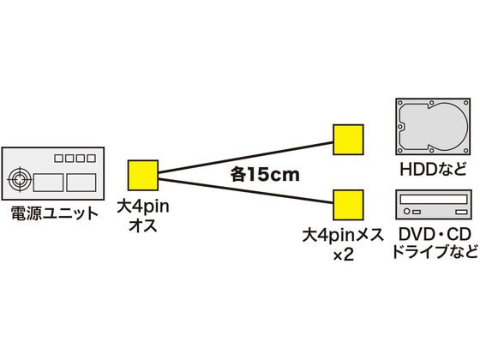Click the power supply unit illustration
(x=53, y=173)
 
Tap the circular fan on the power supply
(x=20, y=179)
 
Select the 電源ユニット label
(x=54, y=213)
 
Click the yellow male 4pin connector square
(x=143, y=175)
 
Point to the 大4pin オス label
(x=143, y=216)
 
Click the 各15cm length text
(x=265, y=175)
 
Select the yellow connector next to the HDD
(x=348, y=140)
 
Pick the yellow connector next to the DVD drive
(x=348, y=205)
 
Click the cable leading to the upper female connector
(x=245, y=158)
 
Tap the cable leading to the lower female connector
(x=245, y=190)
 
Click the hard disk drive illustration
(x=433, y=127)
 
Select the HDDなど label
(x=433, y=169)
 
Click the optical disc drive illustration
(x=434, y=205)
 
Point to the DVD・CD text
(x=435, y=235)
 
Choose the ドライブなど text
(x=435, y=252)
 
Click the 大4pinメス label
(x=343, y=235)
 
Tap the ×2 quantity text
(x=344, y=255)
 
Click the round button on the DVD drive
(x=407, y=212)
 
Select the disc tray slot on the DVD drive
(x=434, y=200)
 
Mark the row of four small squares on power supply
(x=75, y=159)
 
